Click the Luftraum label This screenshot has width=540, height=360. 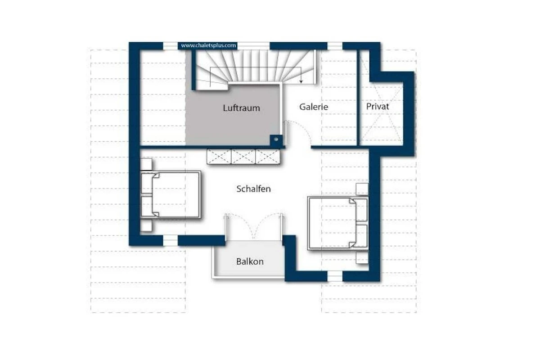click(x=241, y=108)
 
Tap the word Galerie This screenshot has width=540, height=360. click(x=314, y=107)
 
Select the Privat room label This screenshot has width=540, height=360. click(x=378, y=106)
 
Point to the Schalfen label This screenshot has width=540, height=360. click(x=254, y=189)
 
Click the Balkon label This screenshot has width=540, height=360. click(x=250, y=261)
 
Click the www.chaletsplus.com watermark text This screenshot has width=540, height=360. click(x=208, y=45)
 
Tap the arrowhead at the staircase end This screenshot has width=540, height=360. click(x=301, y=81)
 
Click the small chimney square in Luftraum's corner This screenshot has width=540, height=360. click(x=276, y=139)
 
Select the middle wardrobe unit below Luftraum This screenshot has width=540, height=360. click(x=243, y=157)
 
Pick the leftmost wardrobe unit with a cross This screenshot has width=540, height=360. click(x=219, y=157)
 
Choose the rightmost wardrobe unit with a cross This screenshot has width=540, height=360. click(x=268, y=157)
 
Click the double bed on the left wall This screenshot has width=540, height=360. click(x=171, y=195)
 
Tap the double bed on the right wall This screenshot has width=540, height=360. click(x=338, y=223)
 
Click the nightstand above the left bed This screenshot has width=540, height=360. click(x=146, y=164)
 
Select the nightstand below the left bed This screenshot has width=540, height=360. click(x=146, y=225)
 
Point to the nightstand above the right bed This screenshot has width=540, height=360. click(x=362, y=189)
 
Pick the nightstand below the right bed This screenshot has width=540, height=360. click(x=362, y=257)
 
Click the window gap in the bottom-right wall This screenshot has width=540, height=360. click(x=335, y=276)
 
